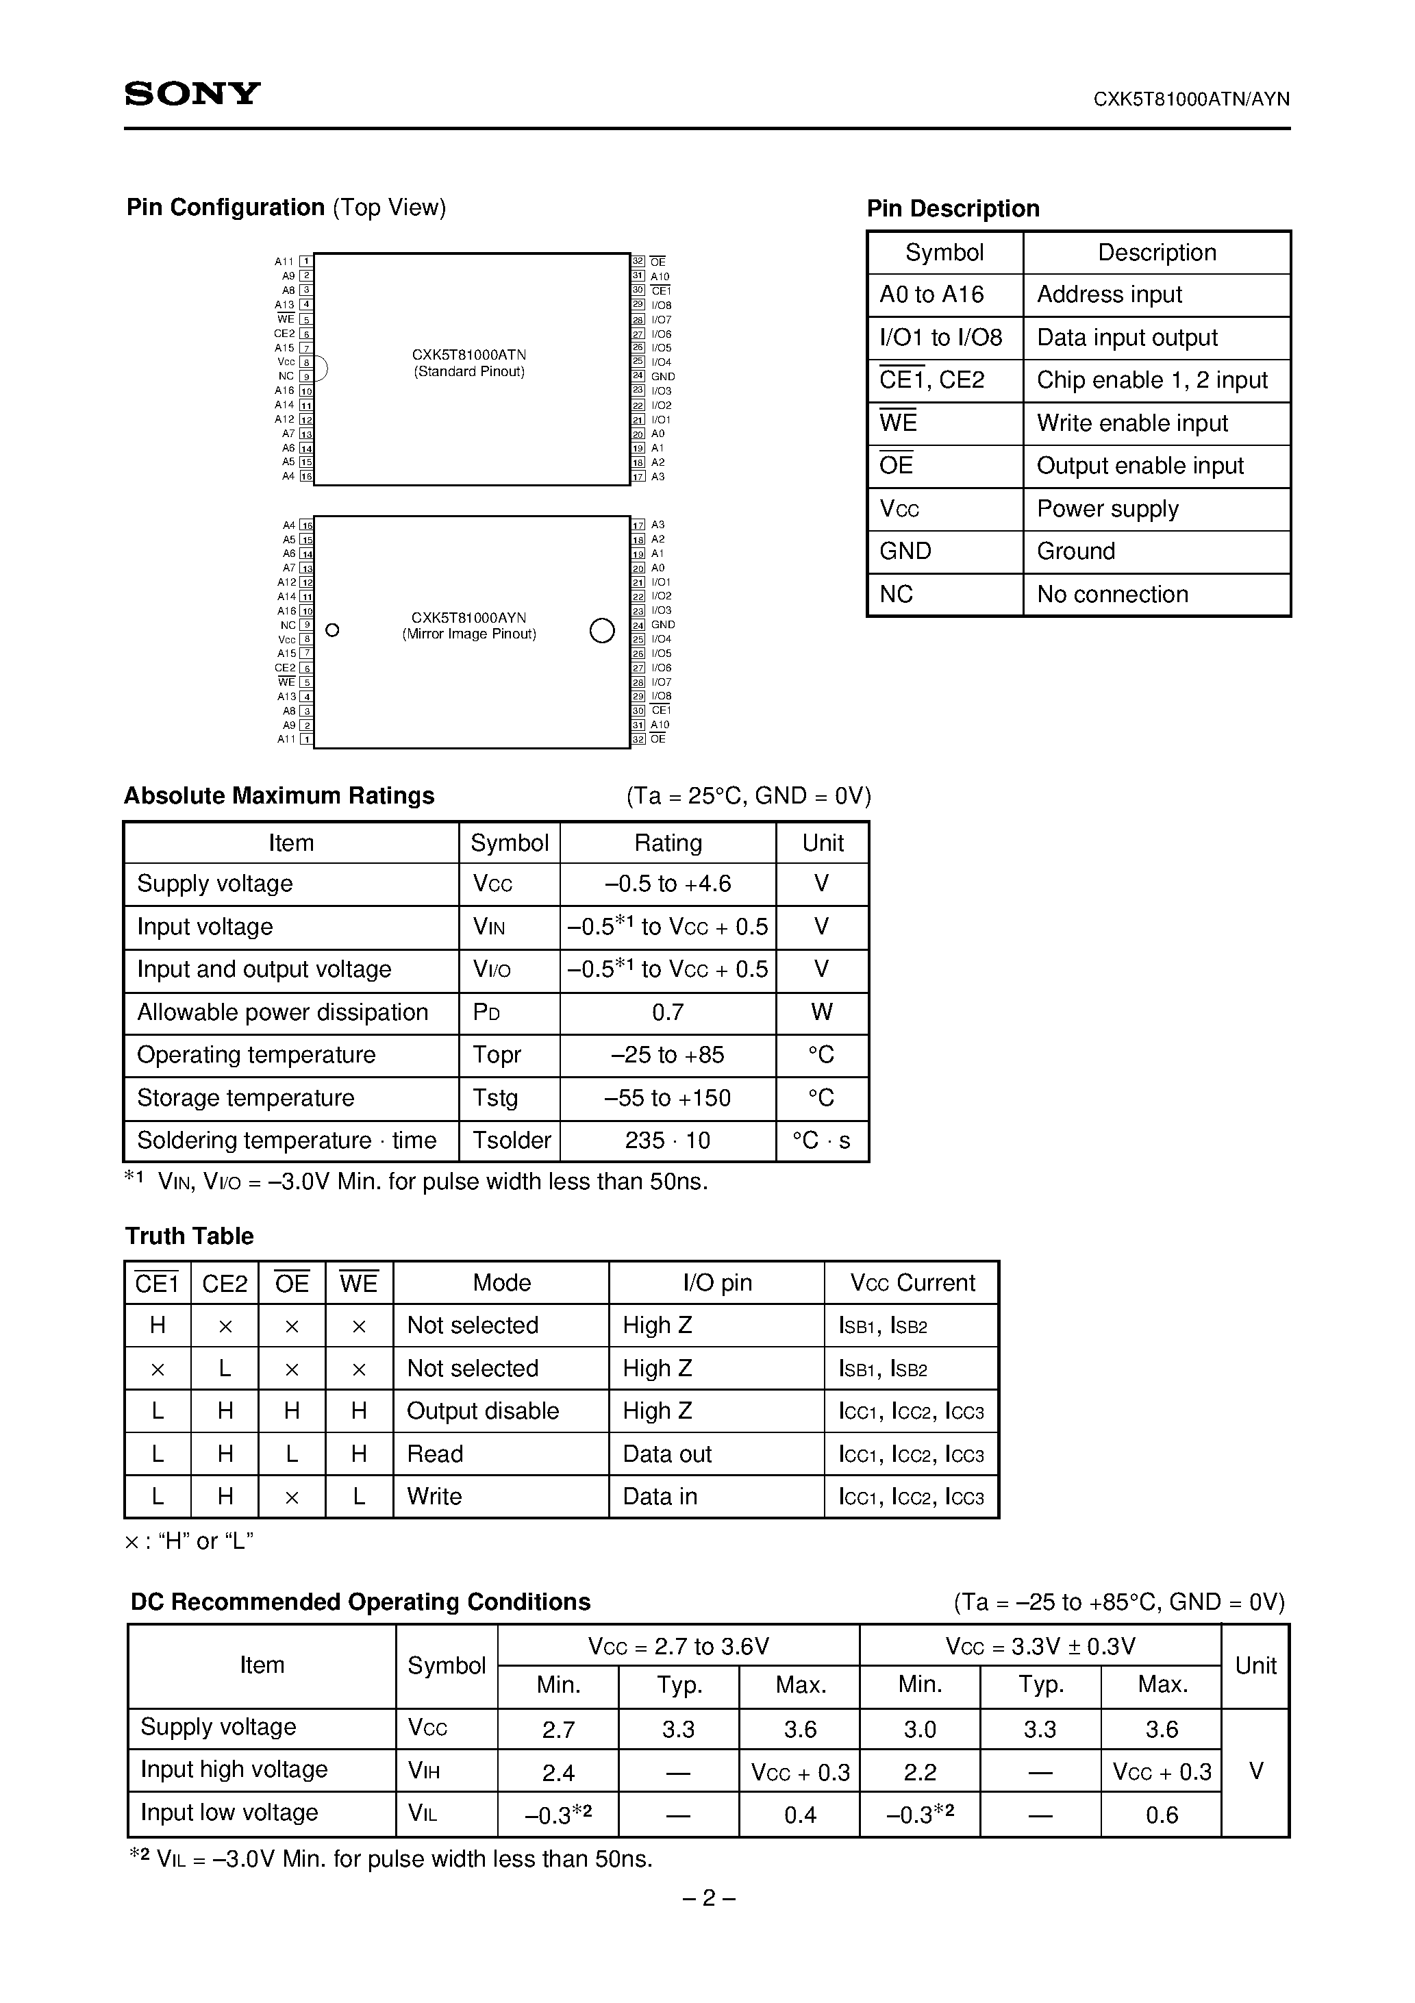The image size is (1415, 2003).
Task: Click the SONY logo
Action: point(192,93)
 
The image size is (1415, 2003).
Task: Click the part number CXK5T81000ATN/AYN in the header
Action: point(1191,99)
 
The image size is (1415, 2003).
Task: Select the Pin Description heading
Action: point(953,208)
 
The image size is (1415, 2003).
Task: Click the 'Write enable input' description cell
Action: point(1131,423)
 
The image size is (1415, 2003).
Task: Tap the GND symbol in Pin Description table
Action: point(905,551)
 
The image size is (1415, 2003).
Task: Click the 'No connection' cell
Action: point(1112,594)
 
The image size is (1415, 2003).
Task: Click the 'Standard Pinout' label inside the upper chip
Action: point(469,372)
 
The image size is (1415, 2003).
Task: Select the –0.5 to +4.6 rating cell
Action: point(667,884)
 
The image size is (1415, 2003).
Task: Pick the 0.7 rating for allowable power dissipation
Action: point(667,1012)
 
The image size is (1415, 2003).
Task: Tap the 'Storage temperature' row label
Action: point(246,1097)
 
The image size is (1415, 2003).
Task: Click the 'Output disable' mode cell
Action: point(482,1410)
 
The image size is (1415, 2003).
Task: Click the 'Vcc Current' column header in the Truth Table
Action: point(912,1282)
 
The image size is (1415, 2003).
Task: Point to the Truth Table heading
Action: point(189,1236)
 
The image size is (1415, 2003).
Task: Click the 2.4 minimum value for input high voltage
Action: point(558,1772)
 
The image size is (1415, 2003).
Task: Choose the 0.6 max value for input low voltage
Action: point(1161,1815)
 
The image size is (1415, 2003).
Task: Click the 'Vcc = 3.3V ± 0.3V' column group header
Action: point(1040,1646)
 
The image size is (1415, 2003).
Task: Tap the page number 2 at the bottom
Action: point(708,1898)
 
